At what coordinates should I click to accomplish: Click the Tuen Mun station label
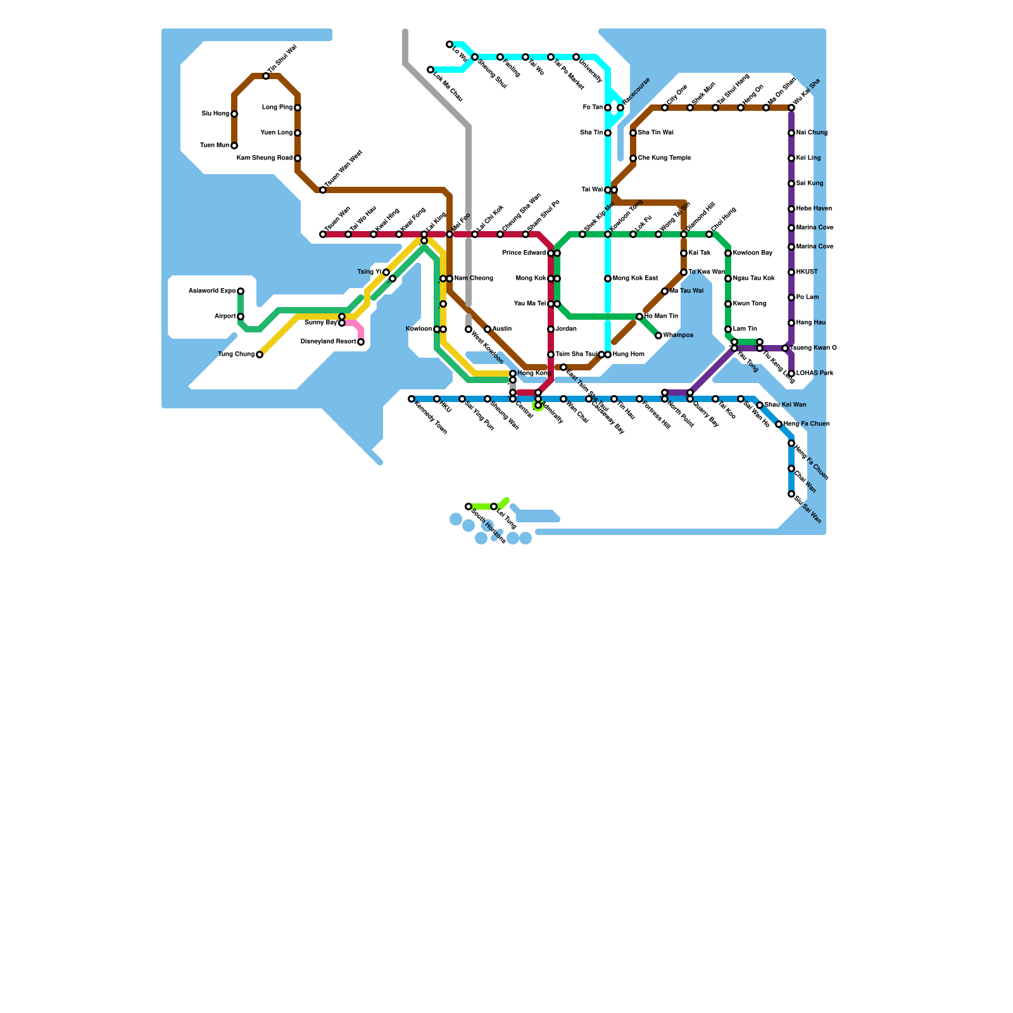(215, 146)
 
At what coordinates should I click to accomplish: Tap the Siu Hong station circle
(234, 114)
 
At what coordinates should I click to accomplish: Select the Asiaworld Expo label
(212, 291)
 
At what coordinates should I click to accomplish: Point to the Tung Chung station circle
(260, 355)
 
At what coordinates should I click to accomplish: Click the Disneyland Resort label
(328, 342)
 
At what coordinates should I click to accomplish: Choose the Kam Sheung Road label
(265, 158)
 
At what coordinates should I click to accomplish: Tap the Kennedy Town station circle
(412, 399)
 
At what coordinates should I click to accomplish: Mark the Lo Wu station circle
(450, 44)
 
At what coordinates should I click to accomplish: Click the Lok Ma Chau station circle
(431, 70)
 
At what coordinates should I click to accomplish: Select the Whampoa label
(678, 336)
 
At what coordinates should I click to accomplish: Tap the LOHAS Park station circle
(791, 374)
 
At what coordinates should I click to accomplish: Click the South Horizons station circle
(469, 507)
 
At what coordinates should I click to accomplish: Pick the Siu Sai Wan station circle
(791, 494)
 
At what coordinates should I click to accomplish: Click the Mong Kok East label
(636, 279)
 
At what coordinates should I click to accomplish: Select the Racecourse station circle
(620, 108)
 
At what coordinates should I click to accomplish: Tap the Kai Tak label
(700, 253)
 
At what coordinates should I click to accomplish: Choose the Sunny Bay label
(321, 323)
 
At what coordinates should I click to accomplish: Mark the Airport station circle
(241, 317)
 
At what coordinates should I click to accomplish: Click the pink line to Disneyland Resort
(358, 326)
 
